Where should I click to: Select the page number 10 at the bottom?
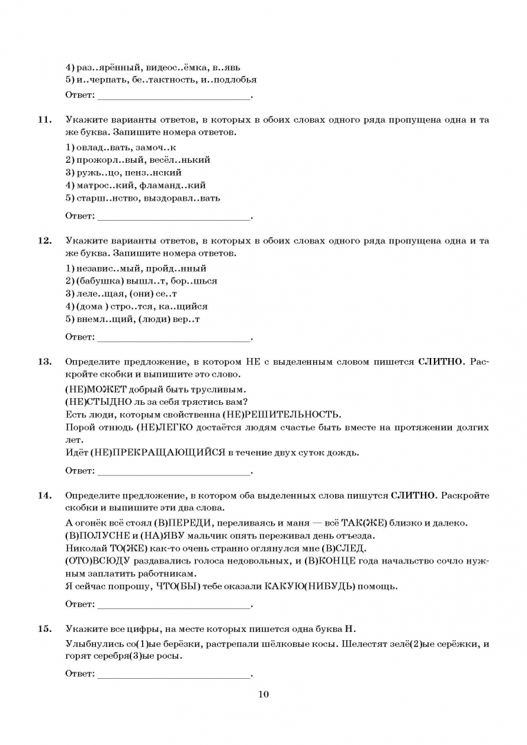263,694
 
